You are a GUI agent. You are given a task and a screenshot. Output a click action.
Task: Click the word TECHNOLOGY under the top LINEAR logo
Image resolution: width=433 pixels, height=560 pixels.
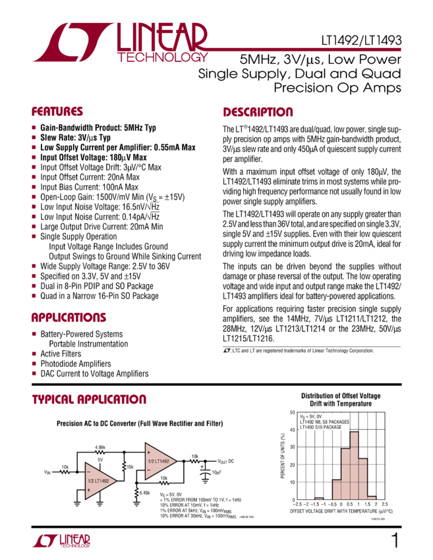tap(162, 58)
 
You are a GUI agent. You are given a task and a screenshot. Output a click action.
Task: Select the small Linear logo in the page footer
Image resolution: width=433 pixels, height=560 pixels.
tap(61, 541)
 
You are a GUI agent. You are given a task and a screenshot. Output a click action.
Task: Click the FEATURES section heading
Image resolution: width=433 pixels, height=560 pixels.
tap(57, 112)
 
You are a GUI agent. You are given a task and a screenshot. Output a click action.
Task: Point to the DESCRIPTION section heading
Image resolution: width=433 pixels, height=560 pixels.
tap(258, 112)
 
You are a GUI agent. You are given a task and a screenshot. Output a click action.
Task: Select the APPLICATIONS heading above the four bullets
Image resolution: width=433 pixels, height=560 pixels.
tap(69, 318)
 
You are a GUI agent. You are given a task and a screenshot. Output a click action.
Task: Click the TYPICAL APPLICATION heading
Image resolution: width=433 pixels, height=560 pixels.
tap(89, 400)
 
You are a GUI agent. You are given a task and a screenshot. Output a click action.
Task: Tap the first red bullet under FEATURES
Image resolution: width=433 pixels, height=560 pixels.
tap(34, 128)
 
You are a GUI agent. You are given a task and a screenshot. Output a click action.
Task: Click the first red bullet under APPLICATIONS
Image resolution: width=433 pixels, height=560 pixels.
tap(34, 333)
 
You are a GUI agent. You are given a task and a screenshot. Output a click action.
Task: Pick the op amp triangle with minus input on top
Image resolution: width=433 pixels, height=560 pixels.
tap(100, 480)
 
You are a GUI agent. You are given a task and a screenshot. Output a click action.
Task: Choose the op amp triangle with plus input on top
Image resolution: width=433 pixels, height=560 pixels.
tap(160, 461)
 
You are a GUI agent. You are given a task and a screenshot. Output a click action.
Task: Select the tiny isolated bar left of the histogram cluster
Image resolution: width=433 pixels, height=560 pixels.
tap(319, 499)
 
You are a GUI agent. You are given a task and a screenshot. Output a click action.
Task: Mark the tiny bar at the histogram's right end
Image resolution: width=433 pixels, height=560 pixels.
tap(371, 498)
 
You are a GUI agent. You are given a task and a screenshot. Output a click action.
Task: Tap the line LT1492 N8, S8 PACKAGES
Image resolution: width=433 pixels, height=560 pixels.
tap(324, 422)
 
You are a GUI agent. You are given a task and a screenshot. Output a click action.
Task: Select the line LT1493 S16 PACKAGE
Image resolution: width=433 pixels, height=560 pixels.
tap(320, 428)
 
